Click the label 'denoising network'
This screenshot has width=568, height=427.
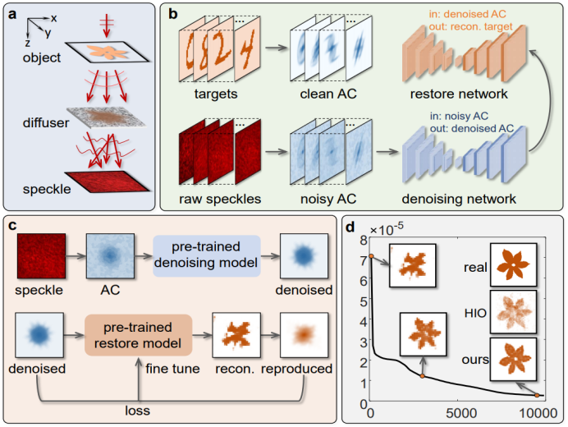click(x=458, y=200)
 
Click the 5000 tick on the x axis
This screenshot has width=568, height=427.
click(x=460, y=411)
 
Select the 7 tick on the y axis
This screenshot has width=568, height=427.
click(x=360, y=256)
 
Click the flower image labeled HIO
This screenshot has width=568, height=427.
click(x=513, y=312)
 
